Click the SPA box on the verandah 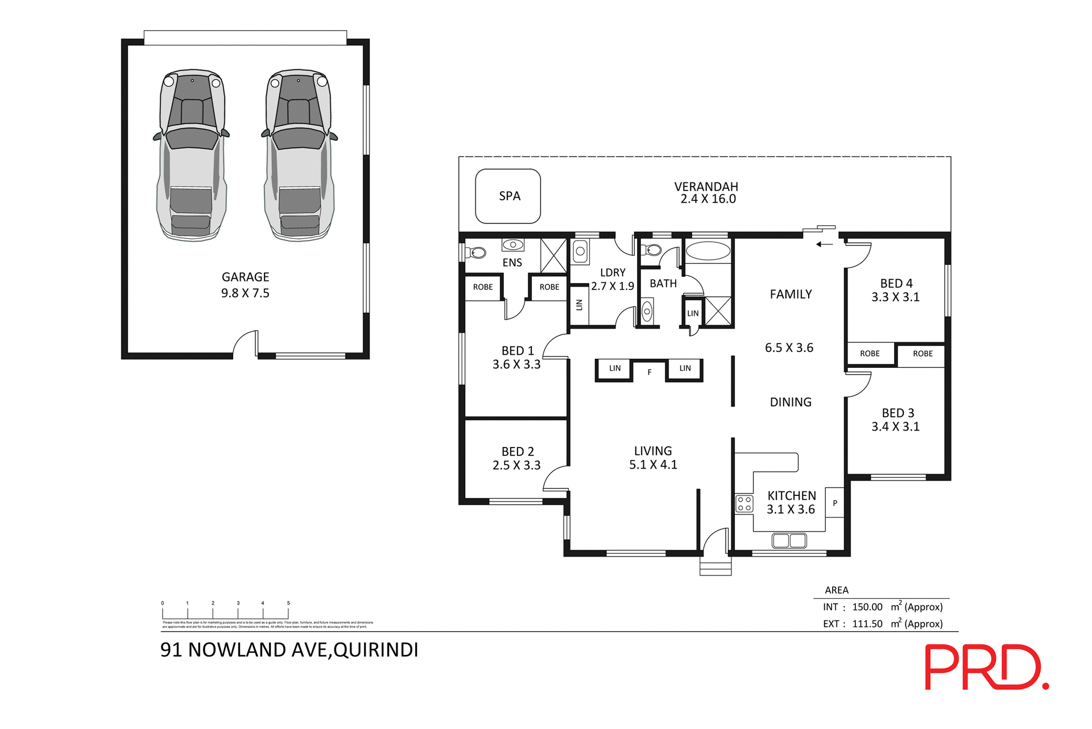(508, 196)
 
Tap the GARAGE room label (245, 277)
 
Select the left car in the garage (192, 155)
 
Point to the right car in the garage (299, 155)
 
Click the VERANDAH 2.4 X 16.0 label (706, 193)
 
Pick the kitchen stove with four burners (744, 503)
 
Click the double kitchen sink (789, 540)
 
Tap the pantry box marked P (834, 503)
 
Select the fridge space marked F (649, 372)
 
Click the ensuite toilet (476, 252)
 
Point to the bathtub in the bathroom (708, 251)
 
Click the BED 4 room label (896, 283)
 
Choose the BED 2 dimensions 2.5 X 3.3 (516, 465)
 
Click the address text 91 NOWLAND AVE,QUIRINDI (289, 650)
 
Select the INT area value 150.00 (867, 607)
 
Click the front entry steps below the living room (715, 568)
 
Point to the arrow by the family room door (824, 245)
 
